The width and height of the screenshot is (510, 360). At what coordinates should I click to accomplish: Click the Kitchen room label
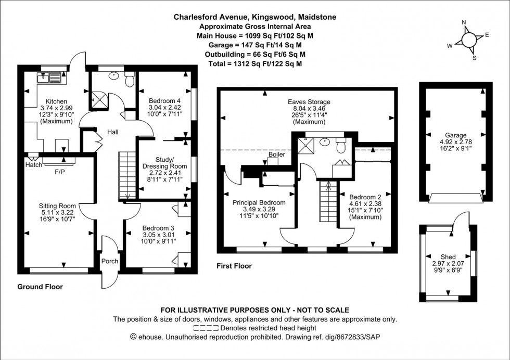[56, 101]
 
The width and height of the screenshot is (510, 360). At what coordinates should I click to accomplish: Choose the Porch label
[110, 261]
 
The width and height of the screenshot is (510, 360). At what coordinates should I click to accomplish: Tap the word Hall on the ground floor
[113, 132]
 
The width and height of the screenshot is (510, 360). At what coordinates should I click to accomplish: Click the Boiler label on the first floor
[276, 155]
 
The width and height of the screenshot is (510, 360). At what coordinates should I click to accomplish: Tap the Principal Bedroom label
[259, 202]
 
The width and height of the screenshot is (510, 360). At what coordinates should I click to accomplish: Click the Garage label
[455, 135]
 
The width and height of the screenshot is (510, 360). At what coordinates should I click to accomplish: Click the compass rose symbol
[468, 40]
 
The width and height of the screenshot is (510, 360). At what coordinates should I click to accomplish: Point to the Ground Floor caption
[40, 287]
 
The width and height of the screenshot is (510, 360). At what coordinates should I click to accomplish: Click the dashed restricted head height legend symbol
[206, 328]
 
